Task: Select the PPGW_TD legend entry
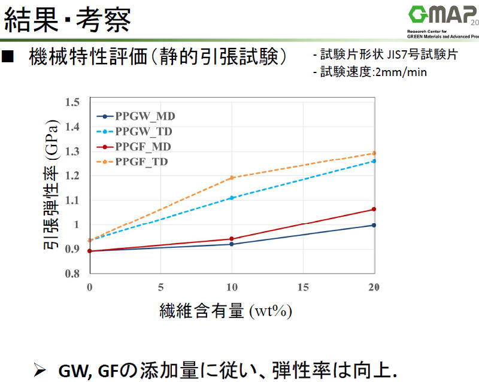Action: coord(144,131)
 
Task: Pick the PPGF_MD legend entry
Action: coord(144,146)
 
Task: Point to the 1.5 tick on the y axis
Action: coord(72,102)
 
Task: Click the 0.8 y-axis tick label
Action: coord(72,274)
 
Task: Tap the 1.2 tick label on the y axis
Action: coord(72,175)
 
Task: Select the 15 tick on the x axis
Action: coord(303,286)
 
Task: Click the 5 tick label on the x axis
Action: coord(160,286)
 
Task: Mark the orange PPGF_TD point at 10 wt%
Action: coord(232,178)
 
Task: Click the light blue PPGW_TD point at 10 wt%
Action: coord(232,198)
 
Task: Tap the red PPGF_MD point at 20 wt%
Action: coord(374,209)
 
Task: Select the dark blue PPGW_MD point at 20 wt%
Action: coord(374,225)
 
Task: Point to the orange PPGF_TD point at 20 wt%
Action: coord(374,153)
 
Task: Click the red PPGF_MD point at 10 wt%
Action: coord(232,239)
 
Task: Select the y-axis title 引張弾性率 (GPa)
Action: coord(51,187)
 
